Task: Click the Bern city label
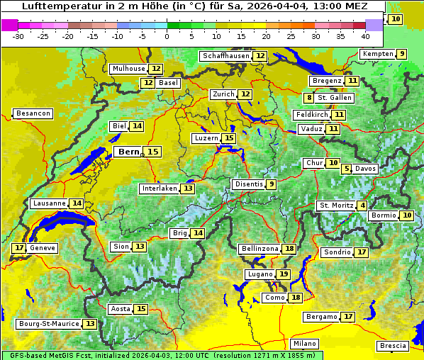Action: (129, 152)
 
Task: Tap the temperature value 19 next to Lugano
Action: (284, 274)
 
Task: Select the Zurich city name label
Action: (223, 94)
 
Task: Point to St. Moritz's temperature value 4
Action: (363, 206)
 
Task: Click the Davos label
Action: (366, 169)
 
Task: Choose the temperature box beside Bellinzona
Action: (289, 249)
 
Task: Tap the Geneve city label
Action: (43, 248)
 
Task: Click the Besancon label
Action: (33, 113)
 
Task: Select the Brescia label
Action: (394, 346)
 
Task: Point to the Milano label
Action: (306, 344)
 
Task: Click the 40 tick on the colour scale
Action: (365, 36)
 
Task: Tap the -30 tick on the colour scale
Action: (18, 36)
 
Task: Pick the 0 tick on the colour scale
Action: (167, 36)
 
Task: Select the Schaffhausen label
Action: (226, 56)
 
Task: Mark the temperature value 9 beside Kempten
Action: (402, 54)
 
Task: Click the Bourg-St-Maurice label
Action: (49, 324)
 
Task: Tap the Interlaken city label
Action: (159, 189)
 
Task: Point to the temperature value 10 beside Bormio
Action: (407, 215)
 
